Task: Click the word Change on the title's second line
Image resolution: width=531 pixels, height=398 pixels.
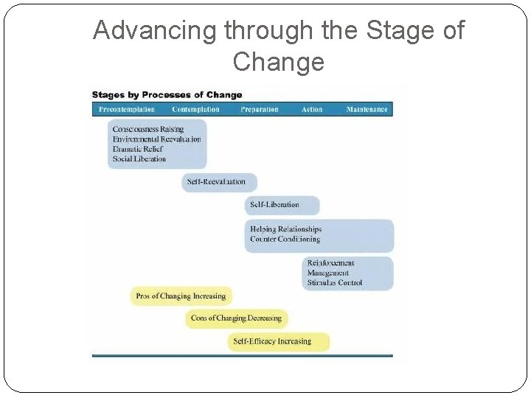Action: tap(278, 62)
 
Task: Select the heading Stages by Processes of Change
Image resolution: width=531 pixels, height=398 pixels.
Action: tap(167, 95)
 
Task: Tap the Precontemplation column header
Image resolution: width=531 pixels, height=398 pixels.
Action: tap(126, 110)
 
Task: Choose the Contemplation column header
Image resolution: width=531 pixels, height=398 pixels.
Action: tap(195, 110)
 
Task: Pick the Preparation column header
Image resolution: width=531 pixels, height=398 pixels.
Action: tap(260, 110)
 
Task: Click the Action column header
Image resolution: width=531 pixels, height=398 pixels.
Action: tap(312, 110)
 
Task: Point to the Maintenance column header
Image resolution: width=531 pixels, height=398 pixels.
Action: tap(367, 110)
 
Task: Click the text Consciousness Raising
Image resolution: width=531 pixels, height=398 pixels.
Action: tap(148, 130)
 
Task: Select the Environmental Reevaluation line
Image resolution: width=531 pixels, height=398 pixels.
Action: tap(156, 139)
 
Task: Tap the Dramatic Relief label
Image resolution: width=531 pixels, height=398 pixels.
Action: tap(137, 149)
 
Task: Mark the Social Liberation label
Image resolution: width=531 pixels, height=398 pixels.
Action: tap(139, 158)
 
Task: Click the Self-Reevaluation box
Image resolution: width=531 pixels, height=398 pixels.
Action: tap(219, 182)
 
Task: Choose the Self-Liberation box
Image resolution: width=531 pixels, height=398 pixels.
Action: tap(282, 205)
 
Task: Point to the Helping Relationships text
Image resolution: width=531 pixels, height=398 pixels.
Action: tap(286, 229)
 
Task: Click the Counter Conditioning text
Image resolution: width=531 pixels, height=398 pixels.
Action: tap(285, 240)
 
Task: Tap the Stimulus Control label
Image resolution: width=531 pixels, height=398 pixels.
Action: tap(335, 282)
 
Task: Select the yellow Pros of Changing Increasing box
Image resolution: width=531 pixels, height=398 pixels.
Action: tap(181, 296)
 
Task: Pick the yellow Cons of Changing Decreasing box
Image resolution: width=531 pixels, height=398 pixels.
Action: tap(236, 318)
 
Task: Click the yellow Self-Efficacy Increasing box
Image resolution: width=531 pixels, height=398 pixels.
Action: tap(278, 341)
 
